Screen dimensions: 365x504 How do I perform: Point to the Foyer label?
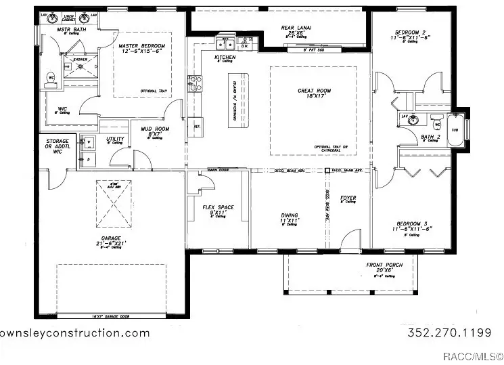pos(348,198)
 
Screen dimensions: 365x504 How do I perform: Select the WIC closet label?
pos(63,108)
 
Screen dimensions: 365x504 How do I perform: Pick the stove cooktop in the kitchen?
pos(195,83)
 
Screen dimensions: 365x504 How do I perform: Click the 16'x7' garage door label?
pos(112,316)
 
